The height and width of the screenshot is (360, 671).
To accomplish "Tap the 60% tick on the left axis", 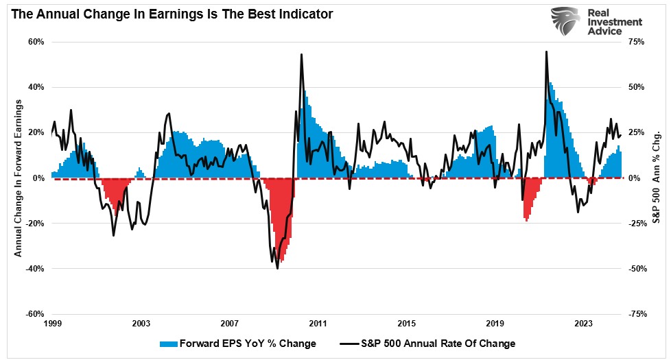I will (x=36, y=42).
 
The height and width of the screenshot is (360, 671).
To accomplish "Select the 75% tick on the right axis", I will (x=637, y=42).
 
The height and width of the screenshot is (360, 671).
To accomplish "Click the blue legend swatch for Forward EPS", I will (x=168, y=343).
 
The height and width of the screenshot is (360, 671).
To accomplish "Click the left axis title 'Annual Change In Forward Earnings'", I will (x=19, y=178).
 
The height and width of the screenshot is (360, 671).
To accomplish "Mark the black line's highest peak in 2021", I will (x=546, y=51).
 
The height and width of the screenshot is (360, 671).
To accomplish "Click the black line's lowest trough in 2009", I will (x=277, y=268).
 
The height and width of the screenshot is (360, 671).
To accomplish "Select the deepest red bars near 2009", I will (x=282, y=259).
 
